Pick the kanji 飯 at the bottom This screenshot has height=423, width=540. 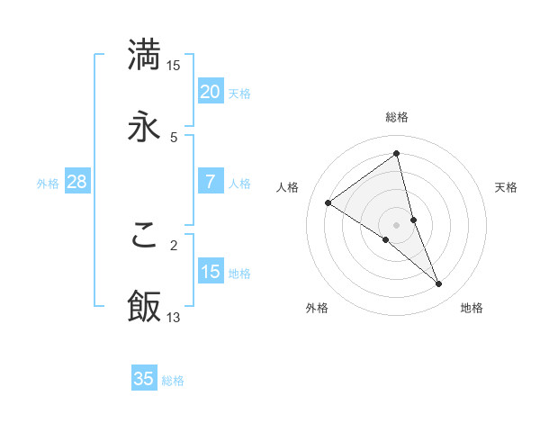[144, 306]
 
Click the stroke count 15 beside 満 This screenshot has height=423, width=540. [174, 65]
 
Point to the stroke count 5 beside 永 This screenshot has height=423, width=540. [174, 137]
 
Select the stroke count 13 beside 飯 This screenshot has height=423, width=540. [174, 317]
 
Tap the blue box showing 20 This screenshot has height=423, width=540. [211, 92]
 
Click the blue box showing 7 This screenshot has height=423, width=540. [211, 182]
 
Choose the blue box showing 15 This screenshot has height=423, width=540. [211, 272]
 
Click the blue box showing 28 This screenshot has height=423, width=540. [77, 182]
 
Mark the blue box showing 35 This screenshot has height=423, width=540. [144, 379]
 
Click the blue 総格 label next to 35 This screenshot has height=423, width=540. [173, 381]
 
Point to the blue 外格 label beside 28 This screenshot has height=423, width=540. [48, 184]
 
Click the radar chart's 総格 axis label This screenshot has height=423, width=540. [397, 117]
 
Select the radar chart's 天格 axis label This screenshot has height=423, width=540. [506, 187]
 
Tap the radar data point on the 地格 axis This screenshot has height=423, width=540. [439, 284]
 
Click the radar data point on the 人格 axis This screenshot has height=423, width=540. [328, 202]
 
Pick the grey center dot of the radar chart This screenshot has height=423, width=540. [397, 224]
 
